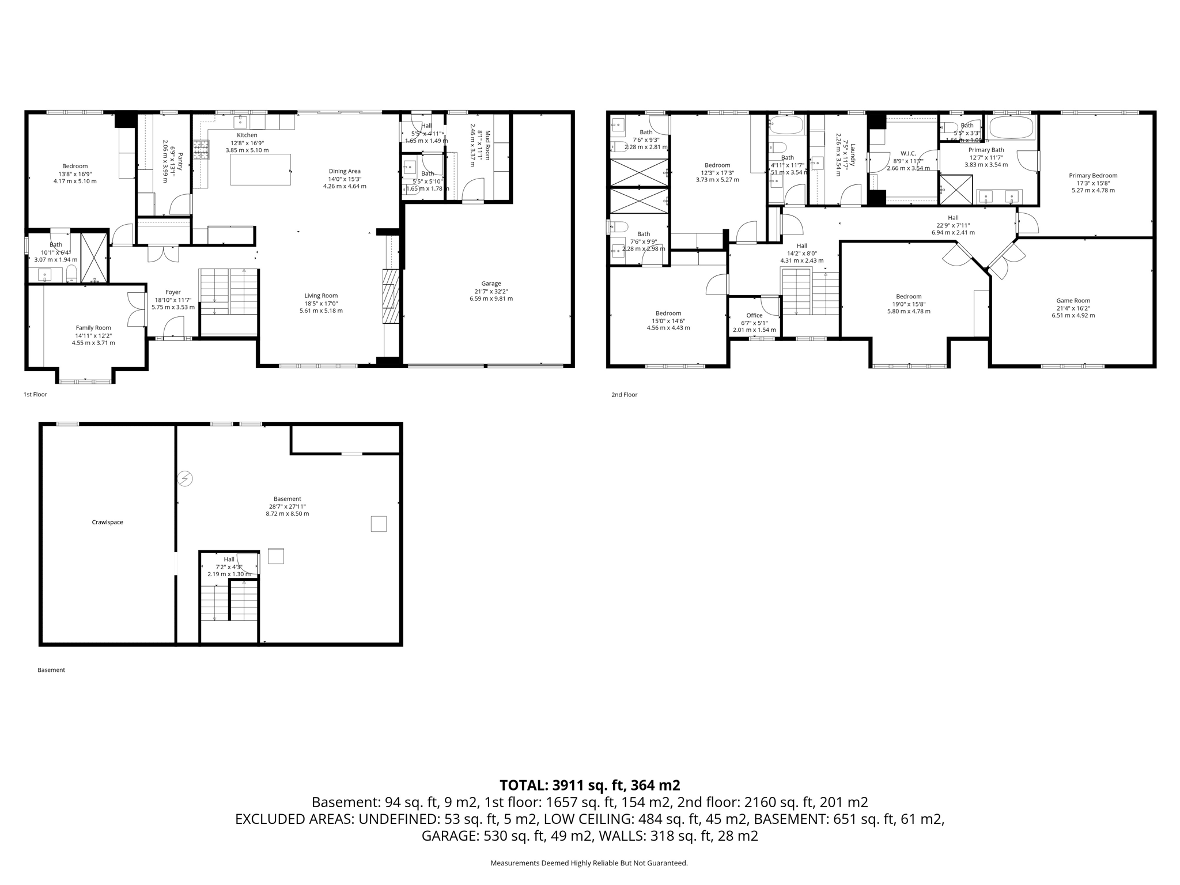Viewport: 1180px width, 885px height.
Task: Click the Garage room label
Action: [x=491, y=283]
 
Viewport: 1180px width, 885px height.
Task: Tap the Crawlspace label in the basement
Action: [x=107, y=522]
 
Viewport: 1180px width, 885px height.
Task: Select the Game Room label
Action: [x=1073, y=300]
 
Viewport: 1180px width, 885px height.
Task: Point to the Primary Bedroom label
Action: [x=1092, y=176]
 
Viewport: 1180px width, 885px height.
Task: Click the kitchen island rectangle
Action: [x=260, y=170]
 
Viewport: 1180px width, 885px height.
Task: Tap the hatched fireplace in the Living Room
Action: [x=390, y=296]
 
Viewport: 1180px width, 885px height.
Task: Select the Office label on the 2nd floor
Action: [x=754, y=315]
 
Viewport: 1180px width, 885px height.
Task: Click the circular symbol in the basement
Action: [x=185, y=478]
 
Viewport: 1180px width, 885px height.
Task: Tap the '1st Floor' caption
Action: [x=35, y=395]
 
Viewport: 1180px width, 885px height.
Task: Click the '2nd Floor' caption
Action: [x=624, y=395]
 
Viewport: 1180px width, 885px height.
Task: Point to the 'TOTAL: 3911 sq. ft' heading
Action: [x=589, y=785]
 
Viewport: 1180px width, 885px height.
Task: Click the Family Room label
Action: [x=93, y=328]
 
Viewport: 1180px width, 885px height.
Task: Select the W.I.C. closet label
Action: [x=908, y=153]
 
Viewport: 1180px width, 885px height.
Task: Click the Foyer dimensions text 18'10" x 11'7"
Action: [x=173, y=300]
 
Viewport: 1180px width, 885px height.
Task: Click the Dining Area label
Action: [x=345, y=171]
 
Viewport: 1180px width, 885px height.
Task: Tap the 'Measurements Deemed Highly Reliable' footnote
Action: [x=589, y=863]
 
